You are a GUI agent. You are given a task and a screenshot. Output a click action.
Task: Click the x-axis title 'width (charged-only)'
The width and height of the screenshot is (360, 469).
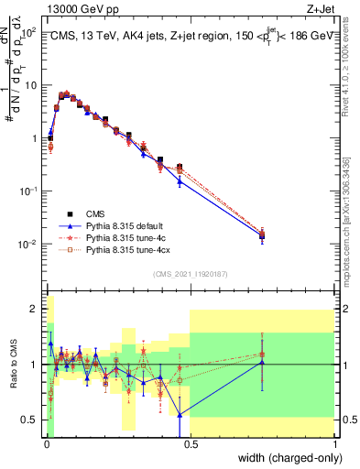pos(283,458)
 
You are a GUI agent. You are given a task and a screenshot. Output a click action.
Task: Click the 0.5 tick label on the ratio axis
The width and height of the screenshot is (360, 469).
pos(31,420)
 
